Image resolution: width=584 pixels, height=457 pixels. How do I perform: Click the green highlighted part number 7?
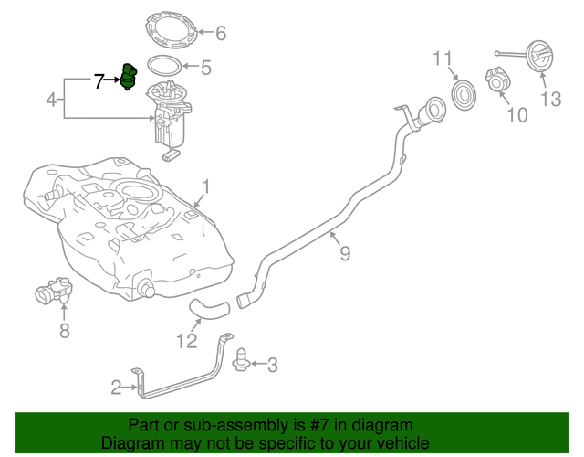[x=129, y=78]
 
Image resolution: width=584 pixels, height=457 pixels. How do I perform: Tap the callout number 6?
[x=220, y=34]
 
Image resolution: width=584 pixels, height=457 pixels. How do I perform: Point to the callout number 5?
[x=205, y=67]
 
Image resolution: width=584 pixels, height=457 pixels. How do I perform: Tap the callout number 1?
[x=206, y=186]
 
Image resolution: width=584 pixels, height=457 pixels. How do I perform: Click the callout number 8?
[x=64, y=331]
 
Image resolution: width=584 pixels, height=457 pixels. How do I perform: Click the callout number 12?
[x=187, y=343]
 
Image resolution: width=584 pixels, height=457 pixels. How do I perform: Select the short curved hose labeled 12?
[x=206, y=310]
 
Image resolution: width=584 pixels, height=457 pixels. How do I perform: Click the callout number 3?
[x=272, y=366]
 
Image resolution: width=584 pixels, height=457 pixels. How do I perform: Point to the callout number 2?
[x=116, y=388]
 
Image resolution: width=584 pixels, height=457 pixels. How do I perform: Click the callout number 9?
[x=344, y=253]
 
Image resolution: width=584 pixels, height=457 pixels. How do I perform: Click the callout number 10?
[x=516, y=115]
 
